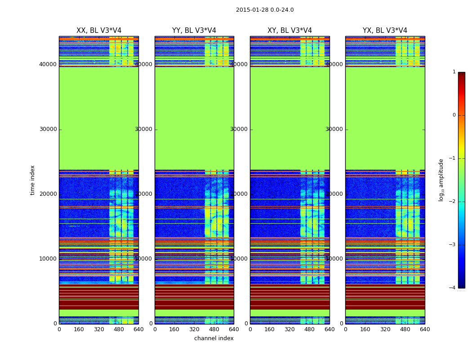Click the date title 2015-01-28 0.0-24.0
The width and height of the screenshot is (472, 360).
pyautogui.click(x=265, y=10)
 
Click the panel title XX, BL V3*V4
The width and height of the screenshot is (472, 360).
pyautogui.click(x=99, y=31)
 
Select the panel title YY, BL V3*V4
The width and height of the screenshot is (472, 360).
pyautogui.click(x=194, y=31)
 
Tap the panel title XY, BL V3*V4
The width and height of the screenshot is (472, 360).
pyautogui.click(x=289, y=31)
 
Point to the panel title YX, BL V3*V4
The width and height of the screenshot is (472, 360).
pyautogui.click(x=385, y=31)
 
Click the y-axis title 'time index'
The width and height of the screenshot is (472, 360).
pyautogui.click(x=32, y=180)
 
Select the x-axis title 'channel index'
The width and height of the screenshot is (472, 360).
pyautogui.click(x=214, y=338)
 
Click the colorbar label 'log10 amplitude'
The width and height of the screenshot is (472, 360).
pyautogui.click(x=441, y=180)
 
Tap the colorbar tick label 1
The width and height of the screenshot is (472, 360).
pyautogui.click(x=454, y=72)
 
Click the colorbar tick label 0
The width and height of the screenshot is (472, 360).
pyautogui.click(x=454, y=115)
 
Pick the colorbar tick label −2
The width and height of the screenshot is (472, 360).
pyautogui.click(x=453, y=202)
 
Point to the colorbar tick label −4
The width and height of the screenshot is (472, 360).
pyautogui.click(x=453, y=288)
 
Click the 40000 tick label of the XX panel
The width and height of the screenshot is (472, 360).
pyautogui.click(x=48, y=64)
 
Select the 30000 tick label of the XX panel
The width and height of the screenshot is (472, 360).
pyautogui.click(x=48, y=129)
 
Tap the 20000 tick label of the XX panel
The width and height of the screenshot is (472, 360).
pyautogui.click(x=48, y=194)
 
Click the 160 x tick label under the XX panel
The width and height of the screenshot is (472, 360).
pyautogui.click(x=79, y=329)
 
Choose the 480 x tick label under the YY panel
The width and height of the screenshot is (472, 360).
pyautogui.click(x=214, y=329)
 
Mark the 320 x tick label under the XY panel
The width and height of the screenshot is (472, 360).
pyautogui.click(x=289, y=329)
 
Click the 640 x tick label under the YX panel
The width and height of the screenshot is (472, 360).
pyautogui.click(x=425, y=329)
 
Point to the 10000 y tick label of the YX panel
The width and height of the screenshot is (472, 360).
pyautogui.click(x=334, y=259)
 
